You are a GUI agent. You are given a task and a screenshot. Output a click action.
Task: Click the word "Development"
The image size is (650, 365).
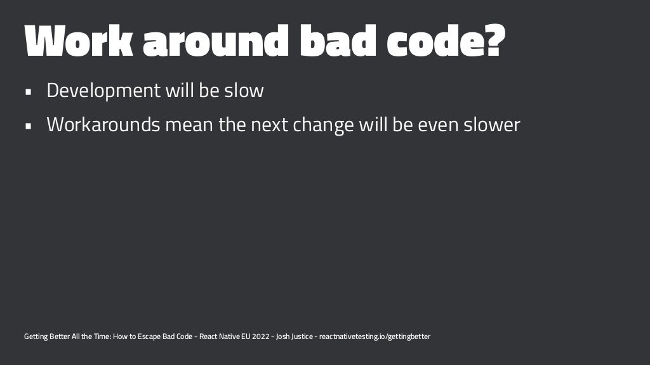(103, 91)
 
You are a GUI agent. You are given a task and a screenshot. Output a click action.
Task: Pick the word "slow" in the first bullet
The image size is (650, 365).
(244, 91)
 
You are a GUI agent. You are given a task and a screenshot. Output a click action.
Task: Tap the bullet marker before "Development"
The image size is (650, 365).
(28, 91)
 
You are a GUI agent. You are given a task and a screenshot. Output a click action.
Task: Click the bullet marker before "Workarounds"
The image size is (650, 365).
(28, 125)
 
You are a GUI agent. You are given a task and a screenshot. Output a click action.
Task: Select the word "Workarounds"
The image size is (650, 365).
(103, 125)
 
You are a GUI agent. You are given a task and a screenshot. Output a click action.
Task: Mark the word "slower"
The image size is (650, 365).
(491, 125)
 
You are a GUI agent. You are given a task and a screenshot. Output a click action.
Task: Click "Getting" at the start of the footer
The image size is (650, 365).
(36, 336)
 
